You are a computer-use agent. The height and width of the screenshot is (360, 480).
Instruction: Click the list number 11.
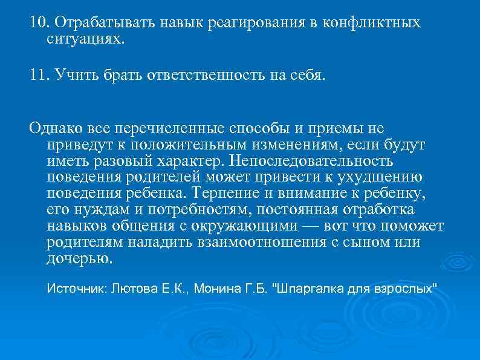39,74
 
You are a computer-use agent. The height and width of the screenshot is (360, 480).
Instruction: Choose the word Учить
74,75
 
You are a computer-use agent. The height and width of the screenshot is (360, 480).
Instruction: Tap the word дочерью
79,259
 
